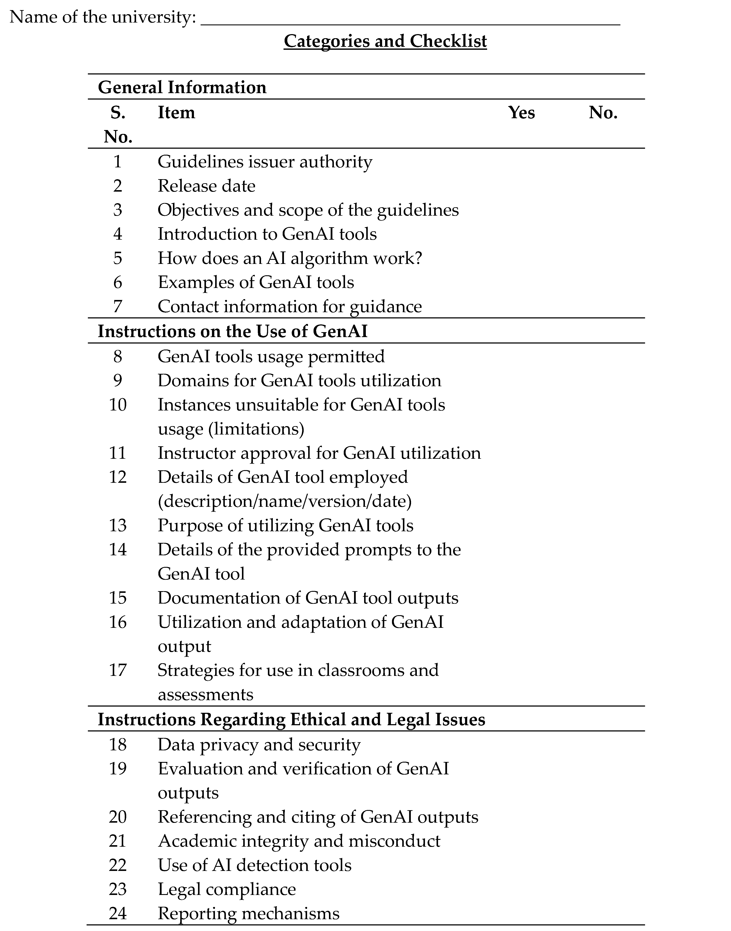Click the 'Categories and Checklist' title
tap(385, 41)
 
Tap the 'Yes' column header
tap(521, 113)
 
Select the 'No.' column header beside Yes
tap(603, 113)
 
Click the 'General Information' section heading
tap(182, 87)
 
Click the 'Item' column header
tap(176, 113)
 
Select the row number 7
tap(118, 306)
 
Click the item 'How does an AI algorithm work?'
tap(290, 258)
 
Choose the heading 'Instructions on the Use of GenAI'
tap(232, 331)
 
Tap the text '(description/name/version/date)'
tap(285, 501)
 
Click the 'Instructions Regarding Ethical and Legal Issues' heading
tap(291, 719)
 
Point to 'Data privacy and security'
tap(259, 745)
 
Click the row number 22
tap(118, 865)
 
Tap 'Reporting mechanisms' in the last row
tap(248, 913)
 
